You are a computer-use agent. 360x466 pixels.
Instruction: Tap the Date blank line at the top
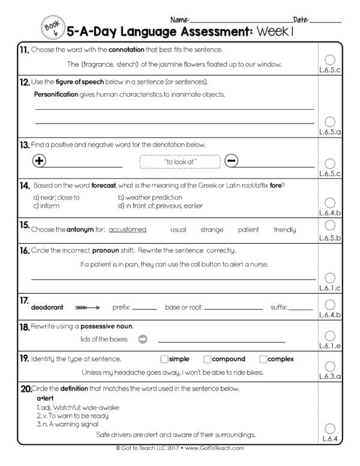(326, 22)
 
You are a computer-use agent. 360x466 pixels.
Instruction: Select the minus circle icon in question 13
(232, 160)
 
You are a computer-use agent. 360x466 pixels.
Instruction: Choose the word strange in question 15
(212, 229)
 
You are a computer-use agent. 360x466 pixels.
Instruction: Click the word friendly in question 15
(284, 229)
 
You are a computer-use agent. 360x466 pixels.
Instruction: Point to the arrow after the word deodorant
(88, 307)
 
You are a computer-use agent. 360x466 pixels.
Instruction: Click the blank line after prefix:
(144, 308)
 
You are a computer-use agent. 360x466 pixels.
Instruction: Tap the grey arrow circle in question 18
(143, 339)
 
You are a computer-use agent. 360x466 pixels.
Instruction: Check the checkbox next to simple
(164, 359)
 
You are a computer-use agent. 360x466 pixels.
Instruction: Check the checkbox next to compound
(207, 359)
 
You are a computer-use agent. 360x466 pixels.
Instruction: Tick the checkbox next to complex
(263, 359)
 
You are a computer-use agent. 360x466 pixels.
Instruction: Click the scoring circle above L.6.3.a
(329, 366)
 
